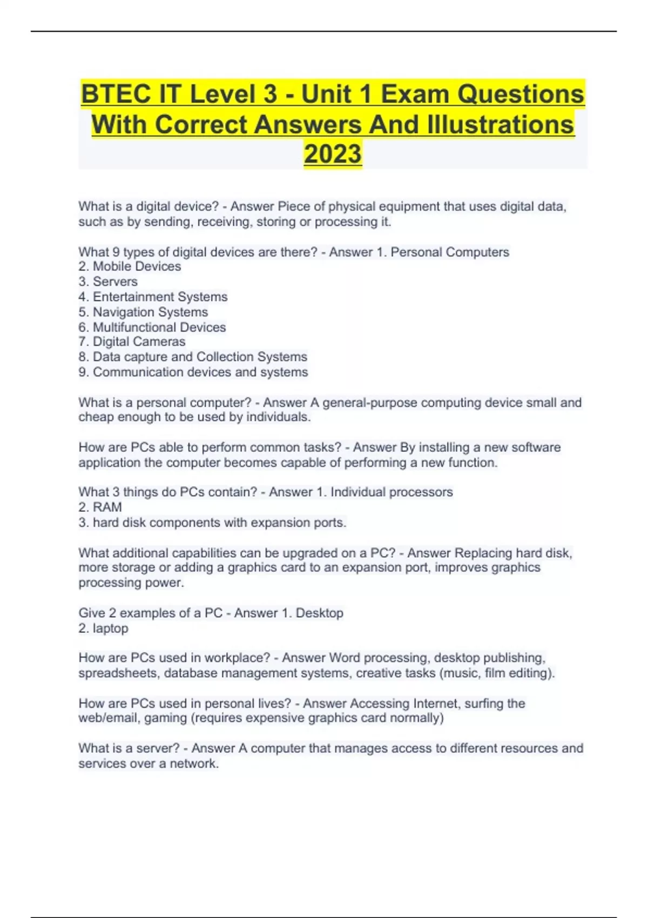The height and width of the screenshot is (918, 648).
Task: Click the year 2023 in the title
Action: click(333, 153)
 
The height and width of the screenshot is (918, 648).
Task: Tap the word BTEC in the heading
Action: click(116, 94)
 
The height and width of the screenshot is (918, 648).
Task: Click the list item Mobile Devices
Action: click(137, 266)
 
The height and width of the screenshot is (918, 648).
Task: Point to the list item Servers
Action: click(115, 281)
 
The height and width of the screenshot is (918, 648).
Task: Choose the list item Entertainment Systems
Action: click(160, 296)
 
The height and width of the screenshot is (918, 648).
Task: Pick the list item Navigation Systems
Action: click(150, 312)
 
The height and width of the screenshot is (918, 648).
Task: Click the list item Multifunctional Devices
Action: click(159, 327)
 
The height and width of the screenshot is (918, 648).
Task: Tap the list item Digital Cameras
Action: click(139, 341)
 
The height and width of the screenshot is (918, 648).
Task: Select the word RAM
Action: click(107, 507)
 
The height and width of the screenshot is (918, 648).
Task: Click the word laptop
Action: click(110, 628)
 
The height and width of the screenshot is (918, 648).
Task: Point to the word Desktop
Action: click(319, 613)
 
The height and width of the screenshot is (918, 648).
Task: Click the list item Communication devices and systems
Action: click(200, 372)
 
